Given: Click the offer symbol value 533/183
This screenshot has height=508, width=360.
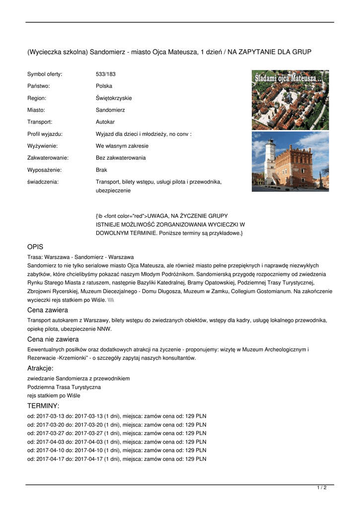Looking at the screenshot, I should pyautogui.click(x=105, y=74).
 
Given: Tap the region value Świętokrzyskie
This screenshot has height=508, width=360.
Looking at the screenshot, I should pyautogui.click(x=114, y=98).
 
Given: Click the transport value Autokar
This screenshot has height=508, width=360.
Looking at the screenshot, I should pyautogui.click(x=105, y=122).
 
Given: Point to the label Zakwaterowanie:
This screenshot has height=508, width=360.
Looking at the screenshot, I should pyautogui.click(x=48, y=158).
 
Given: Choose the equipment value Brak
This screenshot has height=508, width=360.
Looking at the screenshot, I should pyautogui.click(x=101, y=170).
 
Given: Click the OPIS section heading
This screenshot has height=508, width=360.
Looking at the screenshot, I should pyautogui.click(x=35, y=247).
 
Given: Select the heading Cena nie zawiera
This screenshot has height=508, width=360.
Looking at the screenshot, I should pyautogui.click(x=53, y=339).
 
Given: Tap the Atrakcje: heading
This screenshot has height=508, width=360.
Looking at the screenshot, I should pyautogui.click(x=40, y=368).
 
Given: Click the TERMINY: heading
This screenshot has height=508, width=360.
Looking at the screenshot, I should pyautogui.click(x=43, y=406).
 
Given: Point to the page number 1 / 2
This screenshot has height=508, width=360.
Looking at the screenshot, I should pyautogui.click(x=322, y=488).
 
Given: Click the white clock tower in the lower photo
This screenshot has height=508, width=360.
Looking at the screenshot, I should pyautogui.click(x=270, y=159).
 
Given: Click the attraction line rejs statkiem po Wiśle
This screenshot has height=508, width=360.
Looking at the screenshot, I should pyautogui.click(x=54, y=395).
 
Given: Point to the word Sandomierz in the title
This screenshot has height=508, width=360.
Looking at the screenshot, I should pyautogui.click(x=108, y=52).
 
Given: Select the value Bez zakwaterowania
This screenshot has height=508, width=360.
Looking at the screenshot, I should pyautogui.click(x=121, y=158).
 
